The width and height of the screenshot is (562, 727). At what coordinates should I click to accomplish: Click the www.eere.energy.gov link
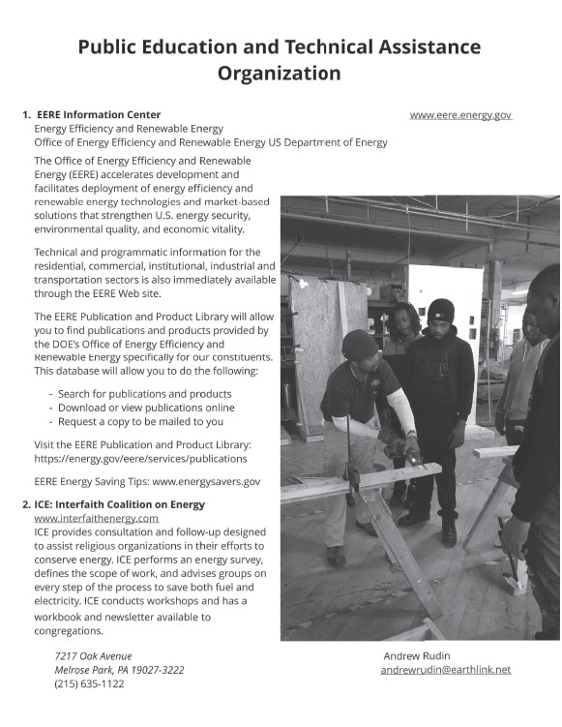460,115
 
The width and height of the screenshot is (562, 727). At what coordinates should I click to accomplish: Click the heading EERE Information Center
99,114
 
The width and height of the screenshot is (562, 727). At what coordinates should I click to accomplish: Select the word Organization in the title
280,74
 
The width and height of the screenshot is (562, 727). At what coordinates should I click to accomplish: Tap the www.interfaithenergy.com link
97,518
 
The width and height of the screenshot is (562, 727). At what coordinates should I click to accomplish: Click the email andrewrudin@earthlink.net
446,670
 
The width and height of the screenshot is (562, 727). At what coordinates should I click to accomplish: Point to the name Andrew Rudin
417,656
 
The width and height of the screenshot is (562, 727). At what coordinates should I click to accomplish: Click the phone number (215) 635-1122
89,683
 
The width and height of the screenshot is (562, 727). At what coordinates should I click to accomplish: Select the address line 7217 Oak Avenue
93,656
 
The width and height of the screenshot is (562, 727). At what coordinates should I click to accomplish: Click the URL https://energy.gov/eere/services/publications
140,459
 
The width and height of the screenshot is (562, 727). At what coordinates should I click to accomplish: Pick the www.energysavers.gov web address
206,482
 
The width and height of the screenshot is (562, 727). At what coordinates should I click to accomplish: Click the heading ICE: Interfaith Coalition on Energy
120,504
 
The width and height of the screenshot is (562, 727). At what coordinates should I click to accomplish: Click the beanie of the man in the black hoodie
441,310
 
